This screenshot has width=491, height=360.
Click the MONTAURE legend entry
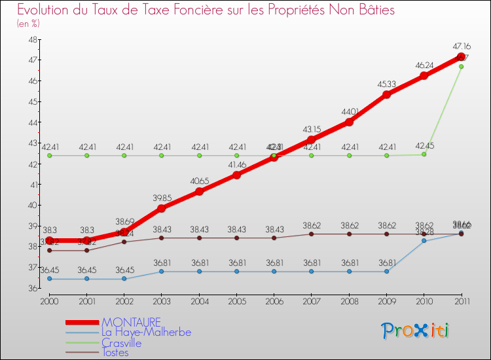pyautogui.click(x=130, y=322)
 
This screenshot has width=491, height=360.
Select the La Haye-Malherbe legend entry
pyautogui.click(x=146, y=333)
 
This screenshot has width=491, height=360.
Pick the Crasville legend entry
pyautogui.click(x=121, y=342)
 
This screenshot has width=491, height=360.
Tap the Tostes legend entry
pyautogui.click(x=115, y=353)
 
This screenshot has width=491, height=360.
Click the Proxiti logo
pyautogui.click(x=416, y=331)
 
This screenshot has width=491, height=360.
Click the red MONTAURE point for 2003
pyautogui.click(x=162, y=208)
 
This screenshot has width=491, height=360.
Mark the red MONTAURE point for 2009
pyautogui.click(x=386, y=94)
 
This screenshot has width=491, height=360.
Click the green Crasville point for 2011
pyautogui.click(x=461, y=66)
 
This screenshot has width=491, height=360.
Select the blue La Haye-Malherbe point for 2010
pyautogui.click(x=424, y=241)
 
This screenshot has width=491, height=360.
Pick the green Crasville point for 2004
pyautogui.click(x=199, y=156)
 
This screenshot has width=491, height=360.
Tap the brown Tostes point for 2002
pyautogui.click(x=124, y=242)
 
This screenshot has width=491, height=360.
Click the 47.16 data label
pyautogui.click(x=461, y=46)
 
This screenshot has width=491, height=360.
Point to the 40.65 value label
pyautogui.click(x=199, y=181)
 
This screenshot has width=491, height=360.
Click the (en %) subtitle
pyautogui.click(x=28, y=24)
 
